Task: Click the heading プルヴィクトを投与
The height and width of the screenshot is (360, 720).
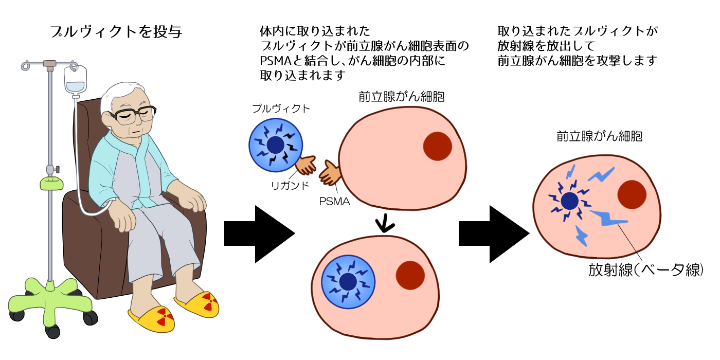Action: (116, 32)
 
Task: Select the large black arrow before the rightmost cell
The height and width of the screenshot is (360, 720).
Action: (493, 235)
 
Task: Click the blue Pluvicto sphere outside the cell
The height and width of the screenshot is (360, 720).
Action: (276, 146)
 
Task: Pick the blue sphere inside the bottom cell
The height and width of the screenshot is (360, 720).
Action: (348, 281)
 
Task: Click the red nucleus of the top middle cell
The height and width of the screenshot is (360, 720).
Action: (437, 146)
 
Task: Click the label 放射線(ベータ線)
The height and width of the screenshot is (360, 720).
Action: (645, 270)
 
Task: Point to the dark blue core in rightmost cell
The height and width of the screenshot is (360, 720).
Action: (569, 201)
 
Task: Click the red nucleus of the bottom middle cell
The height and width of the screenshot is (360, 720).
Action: (410, 275)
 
